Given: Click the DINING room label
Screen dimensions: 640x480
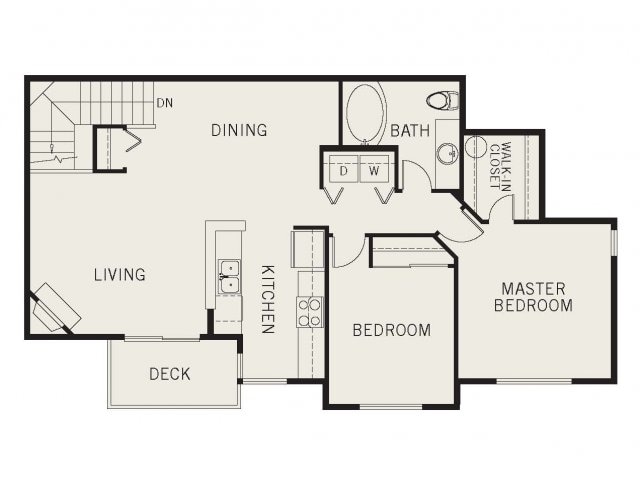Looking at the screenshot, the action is click(x=239, y=130).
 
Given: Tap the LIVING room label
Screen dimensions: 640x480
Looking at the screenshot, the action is click(x=120, y=275).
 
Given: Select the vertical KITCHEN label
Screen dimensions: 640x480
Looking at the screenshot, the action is click(x=268, y=299).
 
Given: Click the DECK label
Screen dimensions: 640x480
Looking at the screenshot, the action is click(x=170, y=374).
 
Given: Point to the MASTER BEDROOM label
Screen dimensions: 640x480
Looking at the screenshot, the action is click(x=533, y=297).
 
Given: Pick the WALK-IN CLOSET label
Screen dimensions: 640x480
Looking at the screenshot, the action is click(x=500, y=166).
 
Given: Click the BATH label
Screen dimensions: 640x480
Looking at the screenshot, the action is click(x=410, y=131).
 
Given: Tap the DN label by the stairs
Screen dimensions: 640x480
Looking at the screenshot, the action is click(x=165, y=103).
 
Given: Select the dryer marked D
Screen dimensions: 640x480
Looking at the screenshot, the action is click(x=344, y=169).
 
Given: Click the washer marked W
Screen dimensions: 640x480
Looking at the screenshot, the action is click(x=374, y=169).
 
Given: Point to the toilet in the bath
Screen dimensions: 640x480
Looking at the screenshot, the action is click(x=443, y=100).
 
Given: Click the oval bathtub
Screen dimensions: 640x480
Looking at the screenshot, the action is click(x=365, y=113).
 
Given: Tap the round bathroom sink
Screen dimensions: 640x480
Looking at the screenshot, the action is click(x=448, y=153).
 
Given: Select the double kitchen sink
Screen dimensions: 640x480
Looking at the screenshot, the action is click(x=229, y=277).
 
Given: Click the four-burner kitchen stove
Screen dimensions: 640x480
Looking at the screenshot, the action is click(x=309, y=312).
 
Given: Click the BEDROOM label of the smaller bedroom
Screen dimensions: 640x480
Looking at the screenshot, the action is click(x=391, y=330).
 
